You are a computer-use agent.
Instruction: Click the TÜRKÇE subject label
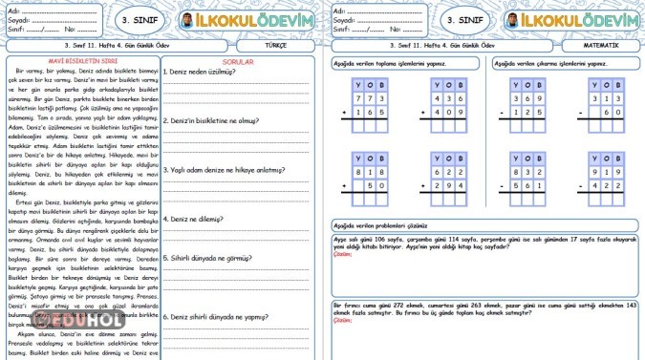(x=277, y=45)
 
